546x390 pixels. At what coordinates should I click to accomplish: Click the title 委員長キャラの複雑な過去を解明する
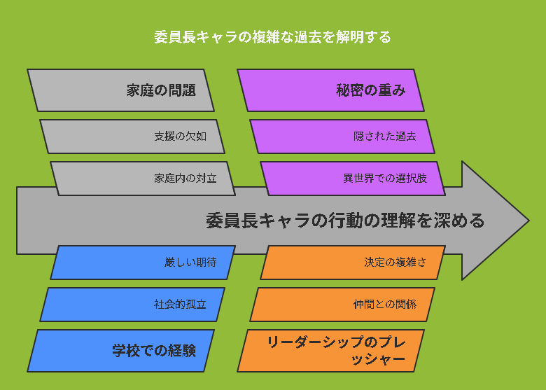click(x=273, y=37)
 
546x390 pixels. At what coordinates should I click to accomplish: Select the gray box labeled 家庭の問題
click(x=120, y=90)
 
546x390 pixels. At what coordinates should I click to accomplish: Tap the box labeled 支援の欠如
click(x=132, y=136)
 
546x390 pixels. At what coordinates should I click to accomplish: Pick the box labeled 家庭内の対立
click(x=143, y=179)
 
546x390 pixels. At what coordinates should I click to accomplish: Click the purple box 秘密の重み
click(x=331, y=90)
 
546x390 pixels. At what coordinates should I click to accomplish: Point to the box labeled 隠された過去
click(x=342, y=136)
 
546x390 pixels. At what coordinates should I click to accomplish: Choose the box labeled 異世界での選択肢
click(x=353, y=179)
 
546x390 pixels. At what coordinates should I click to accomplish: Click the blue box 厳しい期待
click(x=143, y=262)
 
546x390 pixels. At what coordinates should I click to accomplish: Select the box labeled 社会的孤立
click(x=132, y=305)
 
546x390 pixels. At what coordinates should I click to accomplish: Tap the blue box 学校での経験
click(x=120, y=351)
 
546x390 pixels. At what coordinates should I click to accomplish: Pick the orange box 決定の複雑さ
click(x=353, y=262)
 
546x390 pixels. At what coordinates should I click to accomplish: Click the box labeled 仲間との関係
click(x=342, y=305)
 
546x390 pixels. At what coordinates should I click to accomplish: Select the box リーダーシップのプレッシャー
click(x=331, y=351)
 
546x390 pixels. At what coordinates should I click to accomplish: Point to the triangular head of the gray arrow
click(x=494, y=221)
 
